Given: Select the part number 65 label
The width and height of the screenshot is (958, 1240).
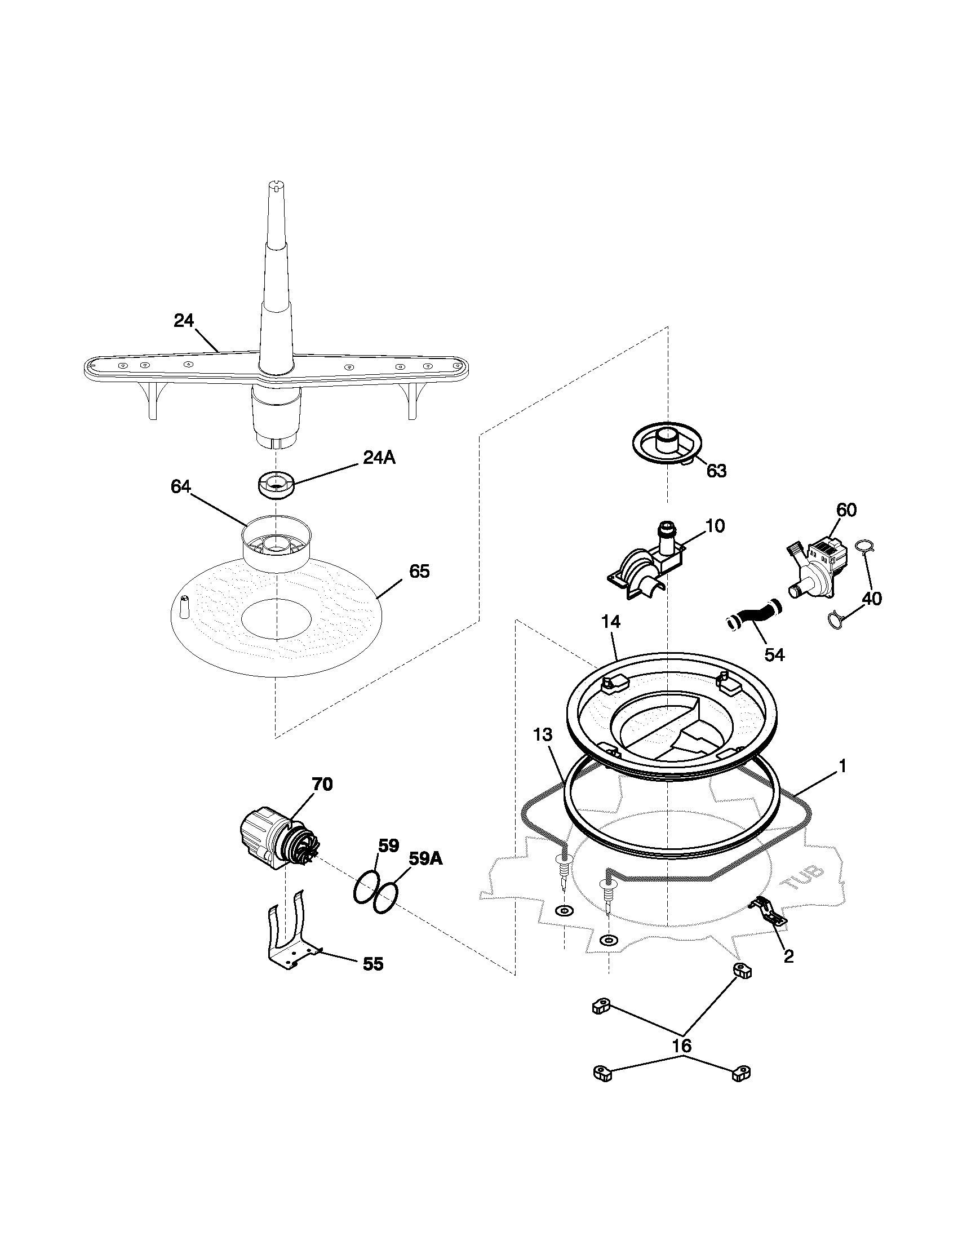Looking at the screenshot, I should (419, 571).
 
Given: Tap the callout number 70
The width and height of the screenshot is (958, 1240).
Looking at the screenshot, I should (322, 784).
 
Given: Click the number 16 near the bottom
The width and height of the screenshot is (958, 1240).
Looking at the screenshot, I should (682, 1046).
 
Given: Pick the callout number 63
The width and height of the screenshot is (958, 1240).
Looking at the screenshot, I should (716, 471).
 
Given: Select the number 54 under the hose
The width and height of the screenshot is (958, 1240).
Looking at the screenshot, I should (774, 654).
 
